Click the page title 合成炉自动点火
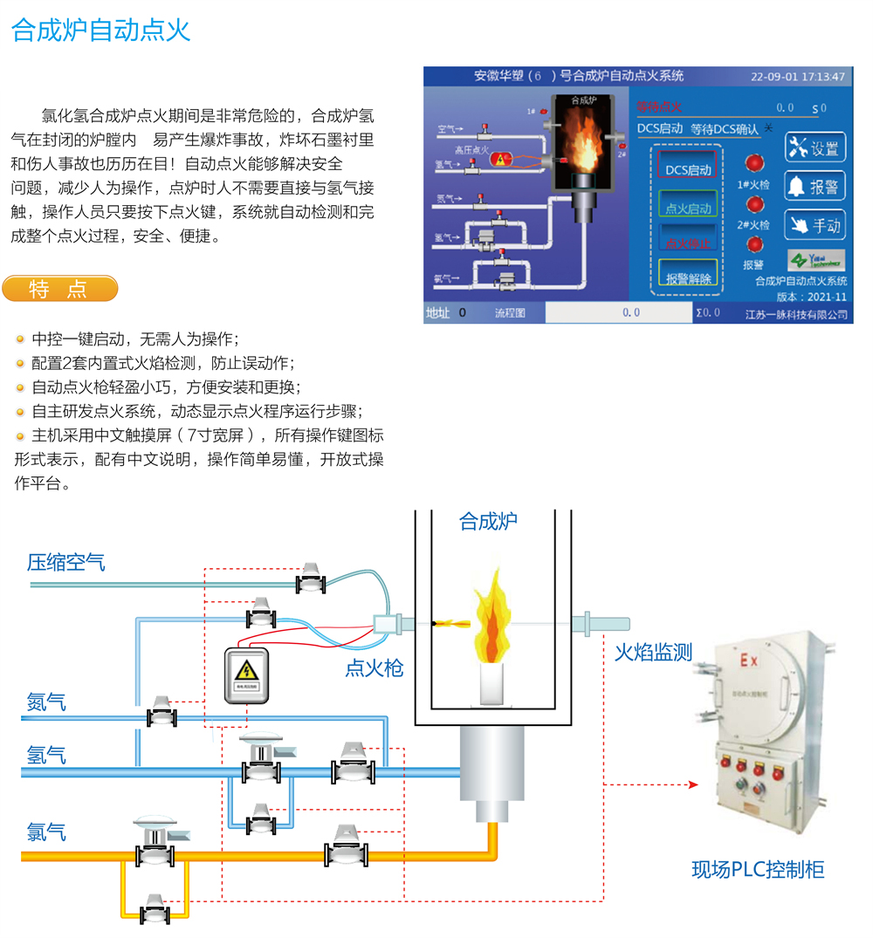pos(101,31)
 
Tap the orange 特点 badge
pos(59,289)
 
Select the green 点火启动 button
pos(688,209)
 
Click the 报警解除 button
pos(688,278)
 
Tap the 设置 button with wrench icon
pos(815,148)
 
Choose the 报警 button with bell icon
pos(815,186)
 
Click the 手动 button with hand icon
pos(815,224)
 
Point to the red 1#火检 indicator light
pos(753,164)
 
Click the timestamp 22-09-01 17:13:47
pos(798,77)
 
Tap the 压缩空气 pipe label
pos(66,562)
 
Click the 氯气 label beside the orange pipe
pos(46,832)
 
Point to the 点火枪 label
pos(375,668)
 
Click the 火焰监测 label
pos(653,652)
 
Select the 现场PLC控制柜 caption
pos(758,869)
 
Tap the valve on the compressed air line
pos(311,579)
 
